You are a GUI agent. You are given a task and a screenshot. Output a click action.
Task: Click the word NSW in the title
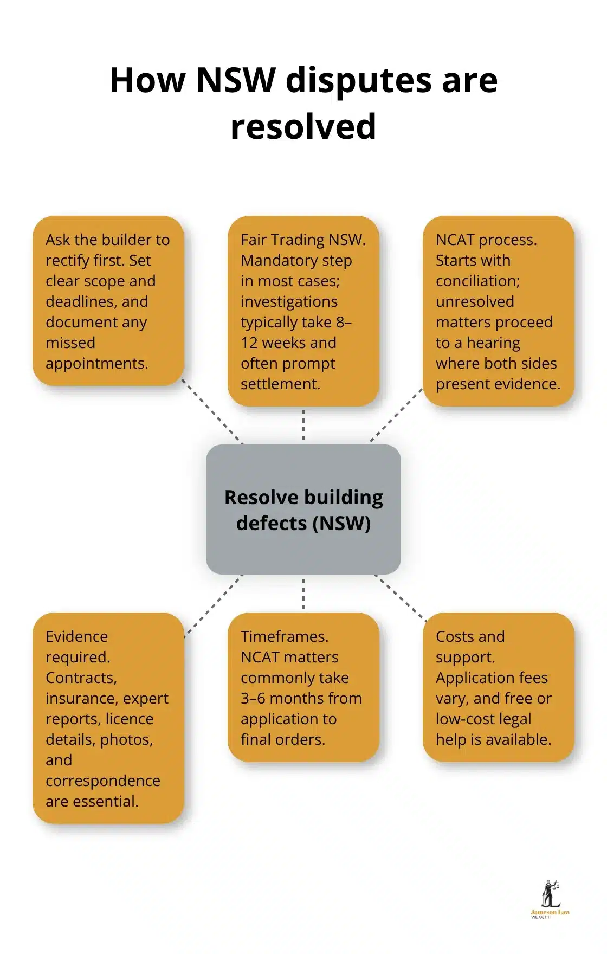236,80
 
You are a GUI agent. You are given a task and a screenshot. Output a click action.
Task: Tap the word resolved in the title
303,126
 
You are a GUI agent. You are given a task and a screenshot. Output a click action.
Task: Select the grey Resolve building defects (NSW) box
303,510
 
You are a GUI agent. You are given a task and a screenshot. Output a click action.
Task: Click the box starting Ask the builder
108,301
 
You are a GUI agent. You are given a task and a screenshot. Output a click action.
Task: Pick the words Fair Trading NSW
302,240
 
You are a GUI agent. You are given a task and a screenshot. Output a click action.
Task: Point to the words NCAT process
486,240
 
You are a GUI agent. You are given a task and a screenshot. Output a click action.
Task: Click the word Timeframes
284,636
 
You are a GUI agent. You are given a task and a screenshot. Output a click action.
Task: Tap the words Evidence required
77,647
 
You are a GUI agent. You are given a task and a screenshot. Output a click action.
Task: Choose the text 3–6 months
301,698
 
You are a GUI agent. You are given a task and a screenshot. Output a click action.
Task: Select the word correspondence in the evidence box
103,781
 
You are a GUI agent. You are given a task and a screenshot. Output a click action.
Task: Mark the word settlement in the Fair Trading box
280,384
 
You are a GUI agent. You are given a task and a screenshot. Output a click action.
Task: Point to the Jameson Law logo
550,900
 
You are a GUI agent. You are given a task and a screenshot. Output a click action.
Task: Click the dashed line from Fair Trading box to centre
303,425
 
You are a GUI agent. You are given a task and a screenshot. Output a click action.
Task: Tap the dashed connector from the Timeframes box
303,594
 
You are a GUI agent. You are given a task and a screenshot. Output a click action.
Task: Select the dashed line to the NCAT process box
395,416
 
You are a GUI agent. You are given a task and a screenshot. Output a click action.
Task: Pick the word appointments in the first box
96,363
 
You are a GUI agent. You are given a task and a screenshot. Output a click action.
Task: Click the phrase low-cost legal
483,719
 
